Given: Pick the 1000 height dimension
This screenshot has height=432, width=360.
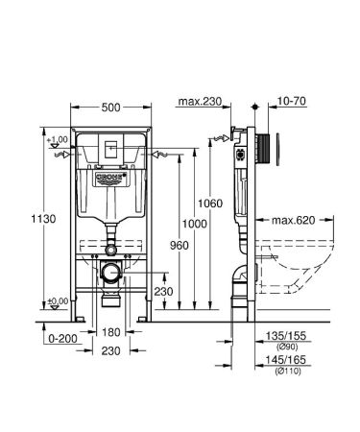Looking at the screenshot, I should (195, 223).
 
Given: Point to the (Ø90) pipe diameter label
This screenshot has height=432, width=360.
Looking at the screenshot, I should (285, 348).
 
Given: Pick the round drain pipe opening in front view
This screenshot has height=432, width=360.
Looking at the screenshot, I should (111, 272).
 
